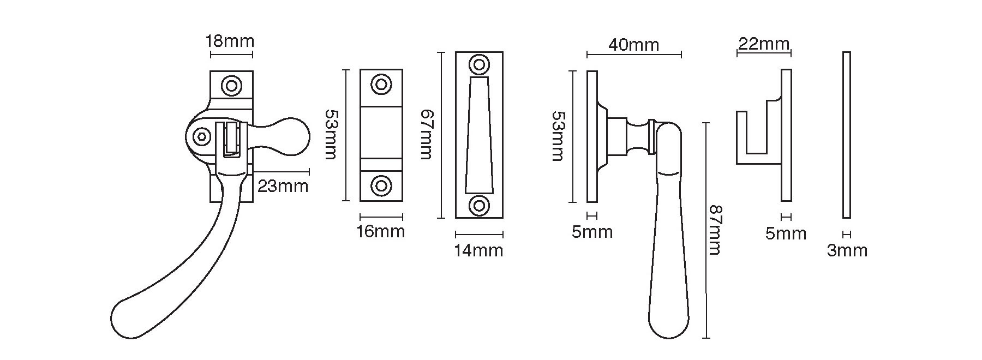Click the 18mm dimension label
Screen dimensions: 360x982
(x=230, y=41)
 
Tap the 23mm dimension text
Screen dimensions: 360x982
(x=283, y=186)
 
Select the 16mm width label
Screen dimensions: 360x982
(x=380, y=231)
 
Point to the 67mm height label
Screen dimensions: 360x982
(x=426, y=135)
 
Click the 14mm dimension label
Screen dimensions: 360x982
(x=478, y=250)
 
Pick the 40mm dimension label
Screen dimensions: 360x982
(x=633, y=44)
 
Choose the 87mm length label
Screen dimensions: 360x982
(x=715, y=230)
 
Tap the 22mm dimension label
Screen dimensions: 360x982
(x=763, y=44)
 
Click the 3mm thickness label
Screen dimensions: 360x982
(x=847, y=250)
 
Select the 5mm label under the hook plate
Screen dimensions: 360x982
(x=786, y=233)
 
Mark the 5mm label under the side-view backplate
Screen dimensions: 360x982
(x=592, y=232)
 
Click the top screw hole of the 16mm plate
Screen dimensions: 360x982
(x=381, y=85)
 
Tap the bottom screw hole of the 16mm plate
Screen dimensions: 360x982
(x=381, y=185)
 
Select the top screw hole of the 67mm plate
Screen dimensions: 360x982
(x=479, y=65)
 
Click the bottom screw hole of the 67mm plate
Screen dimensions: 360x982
(x=479, y=206)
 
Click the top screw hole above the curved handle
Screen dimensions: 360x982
(x=231, y=86)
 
